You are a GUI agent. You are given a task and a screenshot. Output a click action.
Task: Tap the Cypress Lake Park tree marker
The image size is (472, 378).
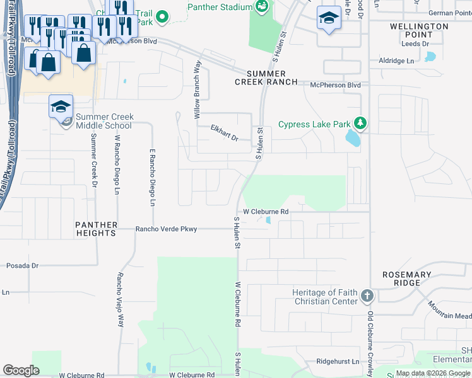coord(360,123)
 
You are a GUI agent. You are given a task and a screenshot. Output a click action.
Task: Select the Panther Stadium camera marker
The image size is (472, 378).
coord(262,7)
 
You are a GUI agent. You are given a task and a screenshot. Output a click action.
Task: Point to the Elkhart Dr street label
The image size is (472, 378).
coord(224,134)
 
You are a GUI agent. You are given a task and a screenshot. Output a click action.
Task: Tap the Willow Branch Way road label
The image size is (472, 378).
coord(197,90)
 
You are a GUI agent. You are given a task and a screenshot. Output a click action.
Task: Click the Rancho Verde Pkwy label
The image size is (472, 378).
coord(167,229)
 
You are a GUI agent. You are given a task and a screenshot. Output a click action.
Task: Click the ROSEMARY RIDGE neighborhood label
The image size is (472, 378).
coord(407,279)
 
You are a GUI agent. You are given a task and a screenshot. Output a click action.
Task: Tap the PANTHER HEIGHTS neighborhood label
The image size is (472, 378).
coord(96,229)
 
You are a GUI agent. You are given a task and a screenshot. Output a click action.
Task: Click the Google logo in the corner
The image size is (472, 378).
coord(21,370)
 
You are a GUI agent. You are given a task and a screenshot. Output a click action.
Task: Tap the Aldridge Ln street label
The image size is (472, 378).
coord(396,60)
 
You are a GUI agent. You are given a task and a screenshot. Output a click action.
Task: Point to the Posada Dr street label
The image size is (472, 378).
coord(23,266)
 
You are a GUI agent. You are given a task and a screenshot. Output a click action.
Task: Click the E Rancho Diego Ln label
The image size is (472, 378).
coord(152,178)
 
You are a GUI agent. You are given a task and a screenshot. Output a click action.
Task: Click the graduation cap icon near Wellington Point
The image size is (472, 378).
coord(328,18)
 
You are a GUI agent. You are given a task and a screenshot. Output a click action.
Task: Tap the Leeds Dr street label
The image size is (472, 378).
coord(415,43)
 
